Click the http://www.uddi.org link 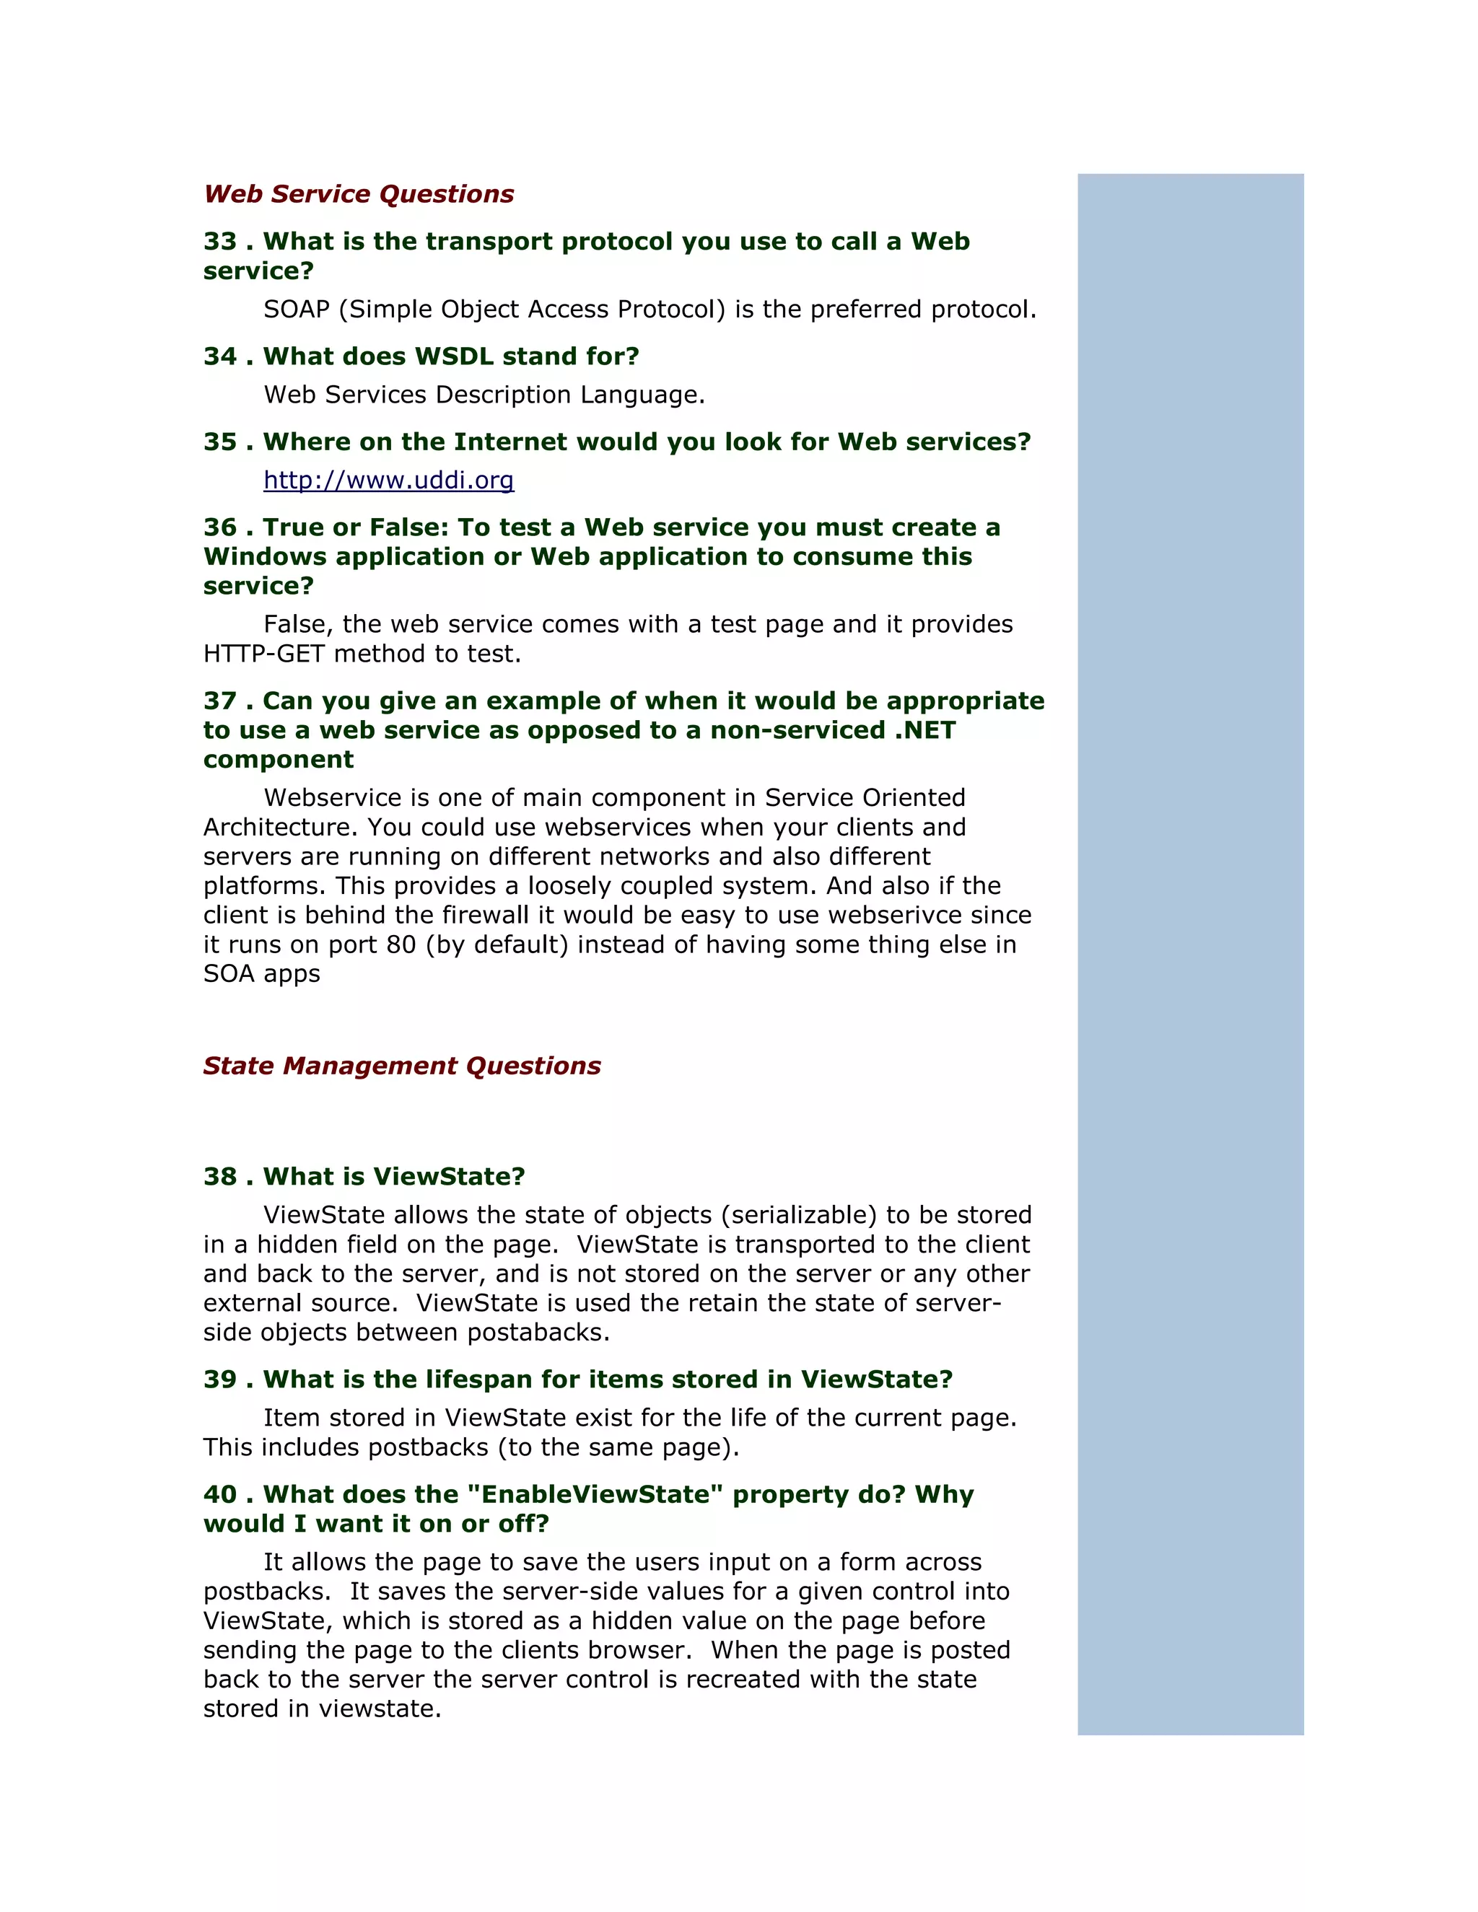[x=389, y=480]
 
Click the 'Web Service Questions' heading [x=359, y=193]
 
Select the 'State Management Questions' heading [x=402, y=1066]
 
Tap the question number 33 [x=221, y=242]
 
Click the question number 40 [x=221, y=1494]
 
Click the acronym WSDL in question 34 [x=453, y=356]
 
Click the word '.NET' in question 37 [x=924, y=730]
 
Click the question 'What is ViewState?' [x=394, y=1177]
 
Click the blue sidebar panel [x=1190, y=955]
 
